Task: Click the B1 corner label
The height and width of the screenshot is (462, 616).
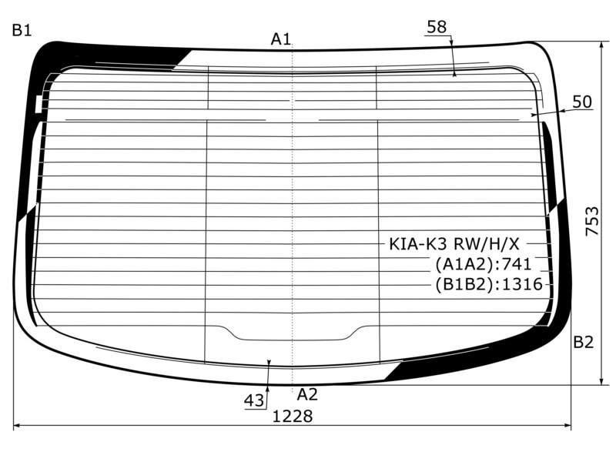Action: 22,30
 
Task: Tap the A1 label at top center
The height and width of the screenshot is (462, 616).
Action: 281,39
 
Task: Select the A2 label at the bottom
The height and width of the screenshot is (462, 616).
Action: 306,394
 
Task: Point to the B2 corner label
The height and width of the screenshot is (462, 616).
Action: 583,342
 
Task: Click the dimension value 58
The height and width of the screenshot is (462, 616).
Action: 437,27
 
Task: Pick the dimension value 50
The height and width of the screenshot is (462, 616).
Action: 582,102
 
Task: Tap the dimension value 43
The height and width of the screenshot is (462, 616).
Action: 254,400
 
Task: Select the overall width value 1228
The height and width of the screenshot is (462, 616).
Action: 293,416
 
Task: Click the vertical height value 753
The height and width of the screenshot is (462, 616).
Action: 592,221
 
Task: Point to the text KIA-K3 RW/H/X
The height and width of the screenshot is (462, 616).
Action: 454,244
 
